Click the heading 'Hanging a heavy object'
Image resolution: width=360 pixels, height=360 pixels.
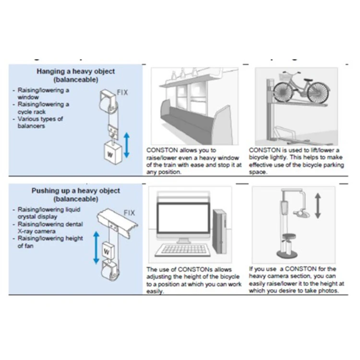pos(76,72)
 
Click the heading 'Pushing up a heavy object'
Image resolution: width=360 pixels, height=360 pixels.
pos(76,191)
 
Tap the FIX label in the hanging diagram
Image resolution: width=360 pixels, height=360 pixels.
pos(122,92)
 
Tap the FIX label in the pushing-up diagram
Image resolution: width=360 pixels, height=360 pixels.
pos(129,212)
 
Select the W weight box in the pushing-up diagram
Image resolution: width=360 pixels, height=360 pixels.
pos(108,251)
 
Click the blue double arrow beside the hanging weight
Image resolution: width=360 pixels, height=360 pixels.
pos(126,145)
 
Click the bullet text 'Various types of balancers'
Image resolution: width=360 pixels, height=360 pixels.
pos(40,122)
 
